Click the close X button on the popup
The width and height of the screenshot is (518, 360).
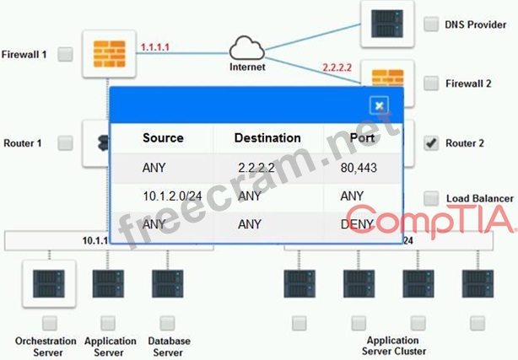380,105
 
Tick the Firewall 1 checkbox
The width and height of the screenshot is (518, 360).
65,54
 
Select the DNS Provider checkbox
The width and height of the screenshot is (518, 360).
431,24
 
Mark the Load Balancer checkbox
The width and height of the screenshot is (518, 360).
431,198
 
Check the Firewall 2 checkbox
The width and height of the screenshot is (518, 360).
431,83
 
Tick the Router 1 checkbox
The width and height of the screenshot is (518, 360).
65,143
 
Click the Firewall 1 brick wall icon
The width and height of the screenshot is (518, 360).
105,52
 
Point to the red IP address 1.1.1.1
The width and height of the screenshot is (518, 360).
154,46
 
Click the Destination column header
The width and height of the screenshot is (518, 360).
267,137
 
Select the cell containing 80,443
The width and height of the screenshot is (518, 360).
358,168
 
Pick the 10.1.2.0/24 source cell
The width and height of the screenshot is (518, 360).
172,196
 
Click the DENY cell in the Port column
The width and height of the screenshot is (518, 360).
358,223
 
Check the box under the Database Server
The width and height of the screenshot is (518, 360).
167,323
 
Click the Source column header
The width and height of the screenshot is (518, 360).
163,137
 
